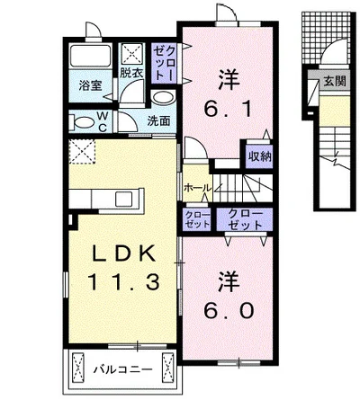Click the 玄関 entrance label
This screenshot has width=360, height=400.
[x=335, y=81]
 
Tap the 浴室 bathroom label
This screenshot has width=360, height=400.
[x=90, y=85]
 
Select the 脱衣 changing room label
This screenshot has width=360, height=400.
[x=131, y=73]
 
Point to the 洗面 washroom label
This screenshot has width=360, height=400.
[x=158, y=120]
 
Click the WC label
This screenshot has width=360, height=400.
[x=103, y=121]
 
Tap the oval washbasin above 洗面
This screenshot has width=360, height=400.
[x=163, y=98]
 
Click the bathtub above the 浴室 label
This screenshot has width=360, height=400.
[x=90, y=57]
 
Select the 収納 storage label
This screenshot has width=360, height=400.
[x=259, y=156]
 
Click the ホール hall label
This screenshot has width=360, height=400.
[x=198, y=188]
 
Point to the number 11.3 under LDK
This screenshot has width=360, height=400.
[x=122, y=282]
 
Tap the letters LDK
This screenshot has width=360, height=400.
[x=122, y=253]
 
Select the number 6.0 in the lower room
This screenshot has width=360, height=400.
[x=229, y=311]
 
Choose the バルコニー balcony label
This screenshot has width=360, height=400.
[x=122, y=369]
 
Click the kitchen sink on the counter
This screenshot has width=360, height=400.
[x=123, y=199]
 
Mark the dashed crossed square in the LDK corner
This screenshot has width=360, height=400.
[x=82, y=152]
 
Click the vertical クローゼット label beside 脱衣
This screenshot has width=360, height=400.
[x=166, y=64]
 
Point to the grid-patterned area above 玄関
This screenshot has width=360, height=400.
[x=326, y=38]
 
